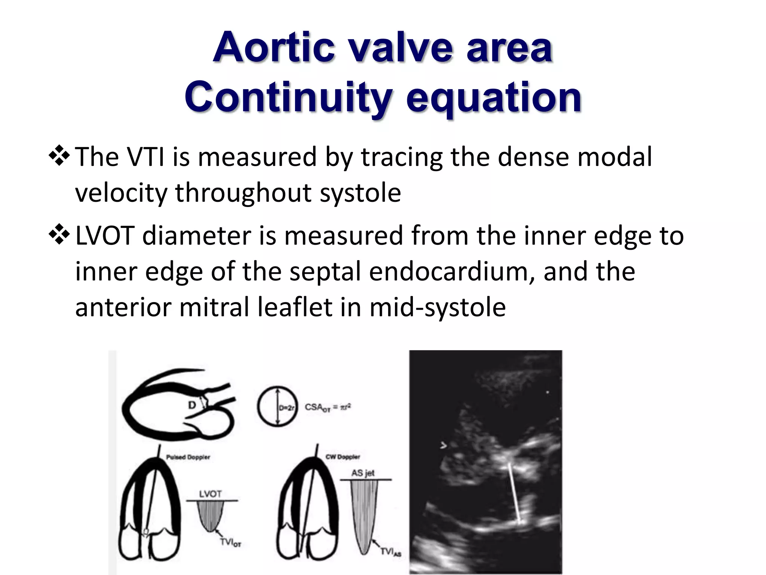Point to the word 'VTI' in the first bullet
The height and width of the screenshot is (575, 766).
point(146,157)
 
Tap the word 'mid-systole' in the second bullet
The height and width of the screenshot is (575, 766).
point(438,307)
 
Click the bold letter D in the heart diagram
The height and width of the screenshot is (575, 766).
point(192,405)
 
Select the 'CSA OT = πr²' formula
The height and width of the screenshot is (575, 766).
point(328,407)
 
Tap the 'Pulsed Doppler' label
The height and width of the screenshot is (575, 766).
point(188,457)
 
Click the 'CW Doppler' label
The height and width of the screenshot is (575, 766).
point(343,457)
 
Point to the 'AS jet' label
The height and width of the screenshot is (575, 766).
point(363,473)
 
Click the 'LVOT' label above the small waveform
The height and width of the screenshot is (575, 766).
point(210,494)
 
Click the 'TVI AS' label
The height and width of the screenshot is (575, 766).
point(390,552)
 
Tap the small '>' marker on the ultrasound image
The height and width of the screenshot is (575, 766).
point(444,445)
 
